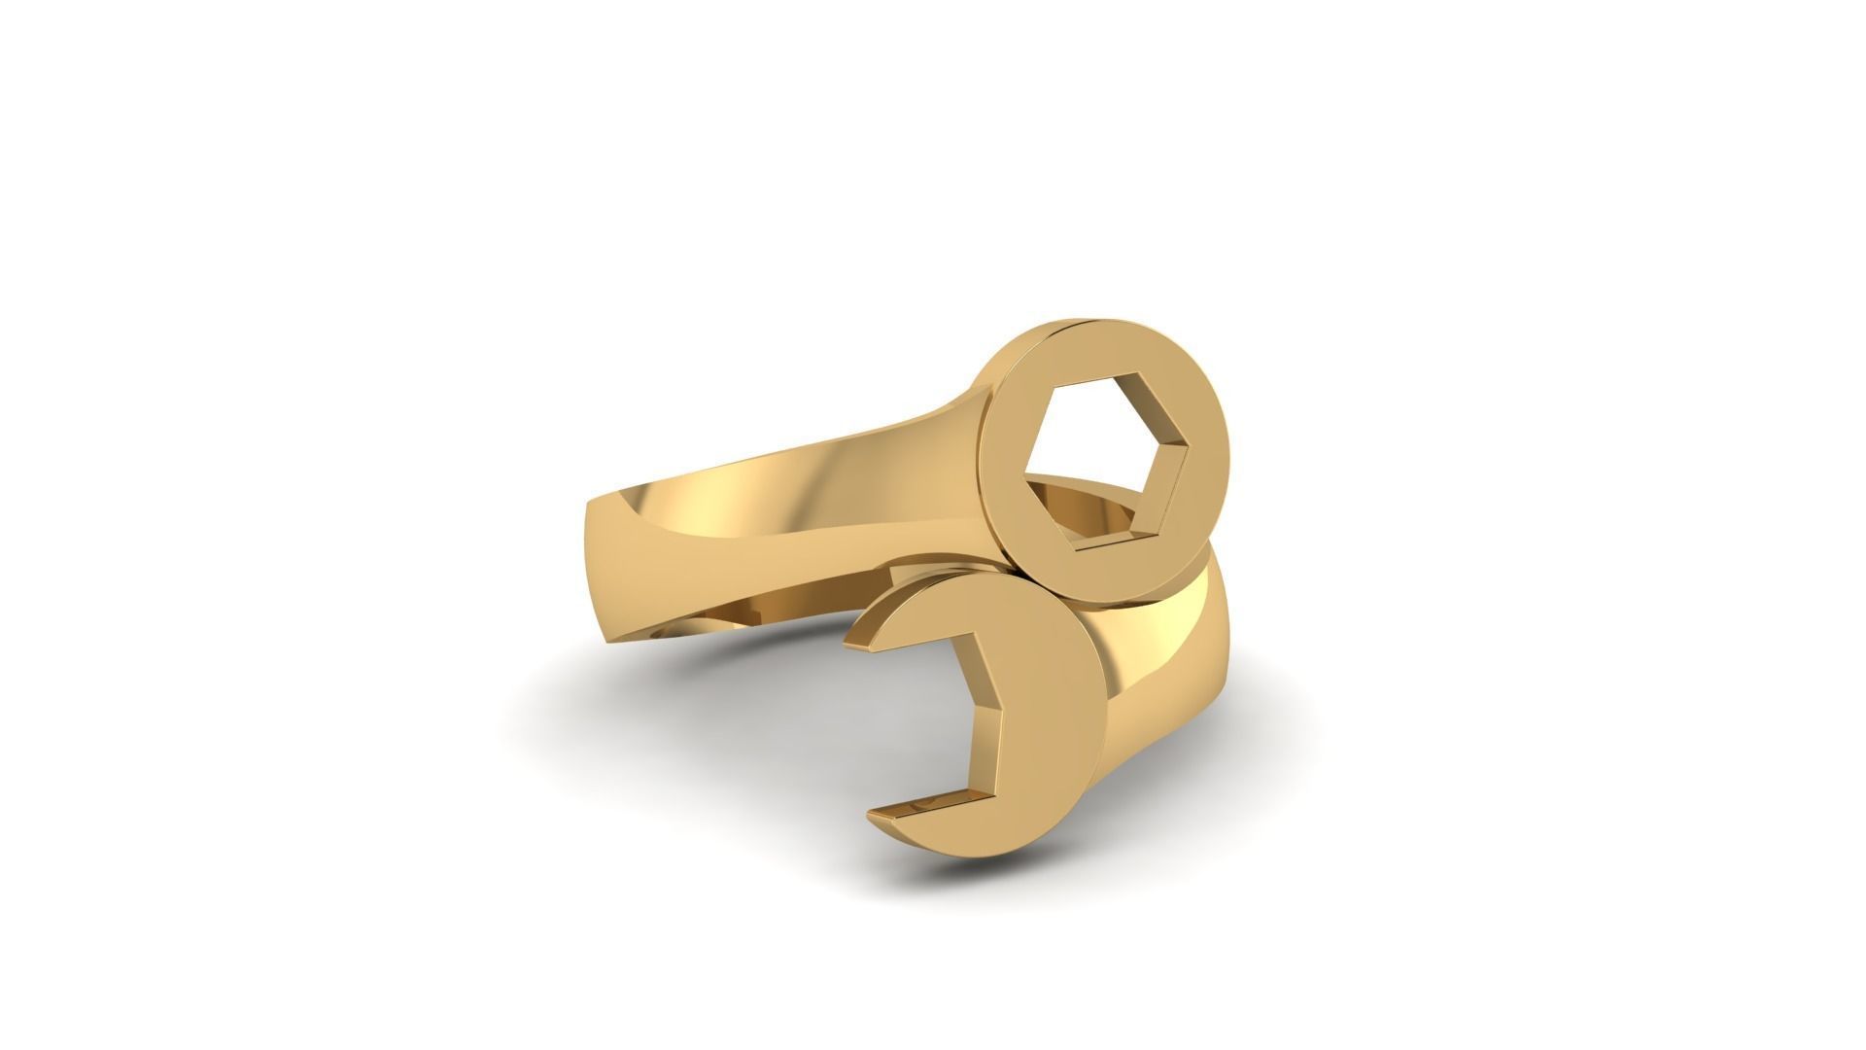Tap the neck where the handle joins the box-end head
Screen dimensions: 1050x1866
pyautogui.click(x=962, y=408)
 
